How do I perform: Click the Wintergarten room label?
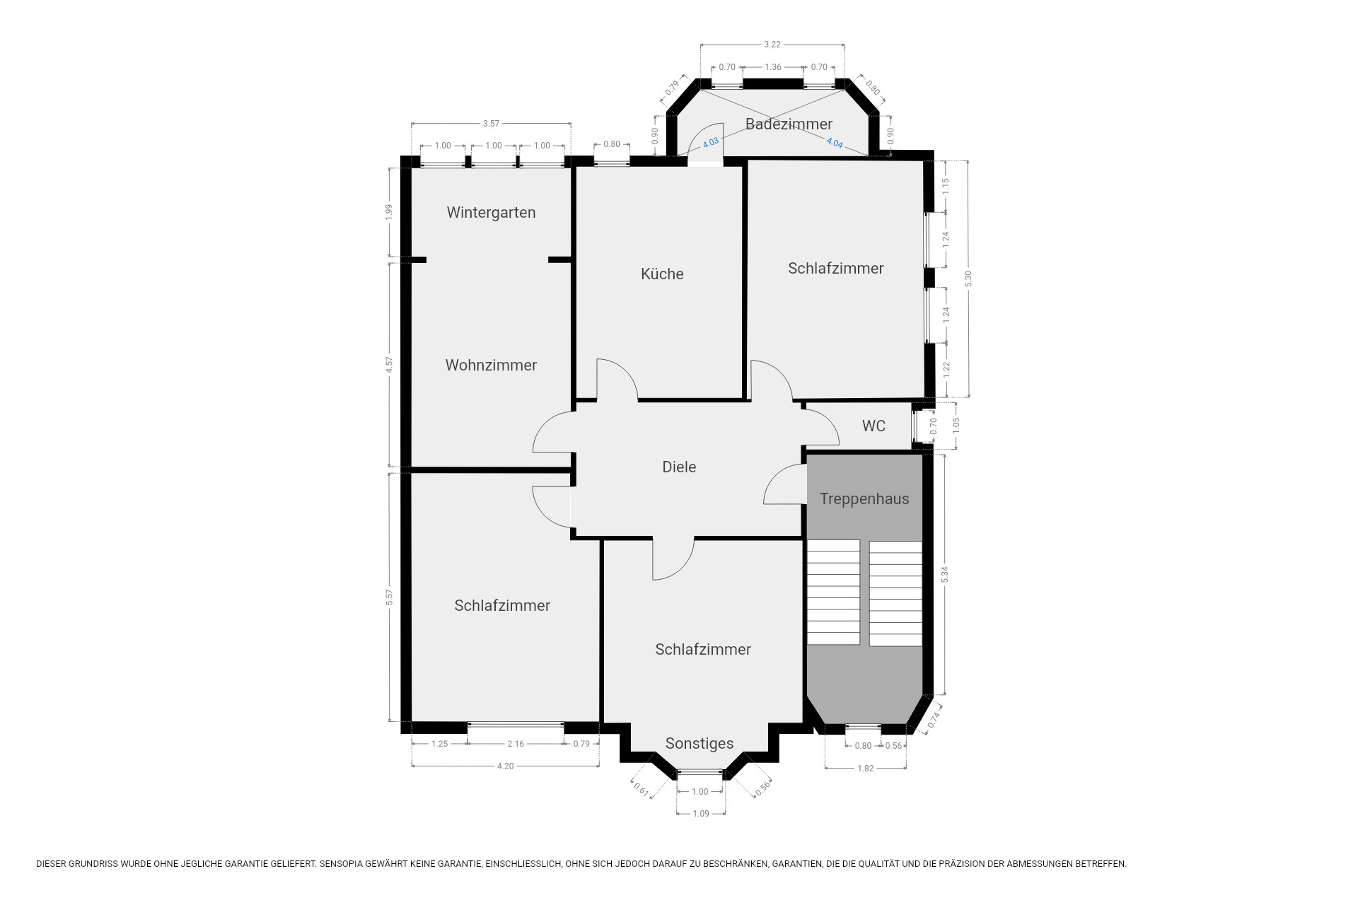point(491,213)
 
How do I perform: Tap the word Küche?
point(662,274)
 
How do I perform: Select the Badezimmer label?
point(789,124)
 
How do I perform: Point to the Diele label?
point(679,467)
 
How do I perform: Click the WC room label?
point(874,426)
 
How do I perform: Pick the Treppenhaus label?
point(864,499)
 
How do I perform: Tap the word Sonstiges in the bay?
point(700,744)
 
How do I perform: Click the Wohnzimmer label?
point(491,366)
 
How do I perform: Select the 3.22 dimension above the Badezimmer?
point(772,45)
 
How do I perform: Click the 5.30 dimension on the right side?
point(969,279)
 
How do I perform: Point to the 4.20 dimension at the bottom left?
point(505,766)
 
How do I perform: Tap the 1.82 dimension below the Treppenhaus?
point(866,768)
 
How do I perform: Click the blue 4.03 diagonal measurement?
point(710,143)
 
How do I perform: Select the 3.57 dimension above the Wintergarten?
point(491,124)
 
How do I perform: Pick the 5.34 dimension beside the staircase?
point(944,575)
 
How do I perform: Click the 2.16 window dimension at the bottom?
point(516,744)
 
